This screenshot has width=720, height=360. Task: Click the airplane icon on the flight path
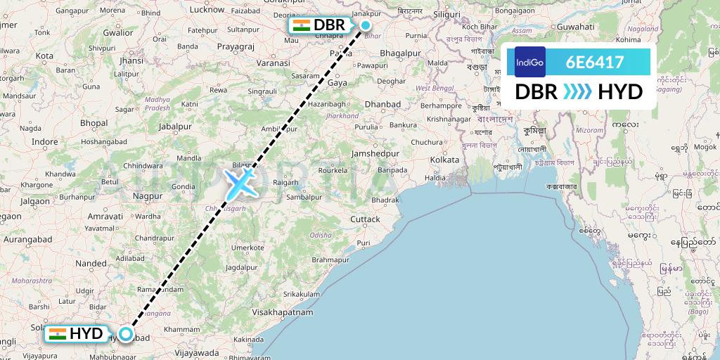(240, 183)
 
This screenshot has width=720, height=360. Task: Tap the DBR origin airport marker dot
(365, 25)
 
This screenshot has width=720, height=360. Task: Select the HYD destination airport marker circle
(125, 334)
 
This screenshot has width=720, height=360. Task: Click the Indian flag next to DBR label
(302, 25)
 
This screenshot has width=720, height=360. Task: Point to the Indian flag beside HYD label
(58, 334)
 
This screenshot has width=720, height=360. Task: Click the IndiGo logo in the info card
(529, 62)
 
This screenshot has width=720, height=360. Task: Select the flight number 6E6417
(595, 62)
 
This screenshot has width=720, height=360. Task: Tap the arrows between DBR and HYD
(577, 91)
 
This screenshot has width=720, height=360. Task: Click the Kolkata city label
(444, 160)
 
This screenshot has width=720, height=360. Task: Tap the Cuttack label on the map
(366, 219)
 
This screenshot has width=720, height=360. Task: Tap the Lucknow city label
(207, 9)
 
